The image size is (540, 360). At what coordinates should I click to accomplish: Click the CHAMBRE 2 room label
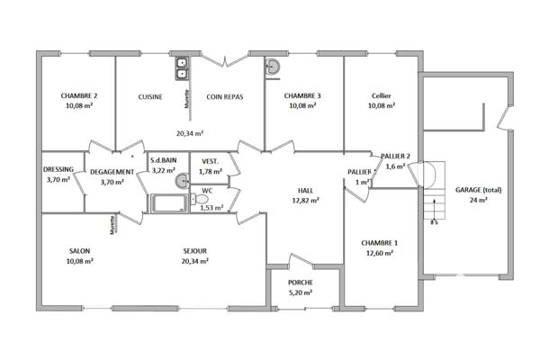pyautogui.click(x=79, y=95)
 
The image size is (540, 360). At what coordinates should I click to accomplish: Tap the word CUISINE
pyautogui.click(x=150, y=96)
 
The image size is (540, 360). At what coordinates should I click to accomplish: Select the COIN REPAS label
pyautogui.click(x=225, y=96)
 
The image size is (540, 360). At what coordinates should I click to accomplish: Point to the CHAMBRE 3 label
pyautogui.click(x=302, y=95)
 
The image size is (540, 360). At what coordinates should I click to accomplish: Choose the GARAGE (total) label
pyautogui.click(x=478, y=191)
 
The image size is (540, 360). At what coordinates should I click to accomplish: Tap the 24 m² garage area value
pyautogui.click(x=478, y=201)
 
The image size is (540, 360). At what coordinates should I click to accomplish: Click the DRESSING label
pyautogui.click(x=58, y=168)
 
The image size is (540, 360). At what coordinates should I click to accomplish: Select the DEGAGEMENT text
pyautogui.click(x=112, y=171)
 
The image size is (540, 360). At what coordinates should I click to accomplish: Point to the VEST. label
pyautogui.click(x=211, y=161)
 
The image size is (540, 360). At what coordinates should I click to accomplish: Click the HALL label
pyautogui.click(x=306, y=191)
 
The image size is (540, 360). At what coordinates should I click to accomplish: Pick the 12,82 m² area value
pyautogui.click(x=306, y=201)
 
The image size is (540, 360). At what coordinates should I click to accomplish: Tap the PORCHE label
pyautogui.click(x=301, y=281)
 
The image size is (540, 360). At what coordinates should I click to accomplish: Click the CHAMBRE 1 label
pyautogui.click(x=379, y=243)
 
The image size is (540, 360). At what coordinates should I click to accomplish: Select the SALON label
pyautogui.click(x=79, y=251)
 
